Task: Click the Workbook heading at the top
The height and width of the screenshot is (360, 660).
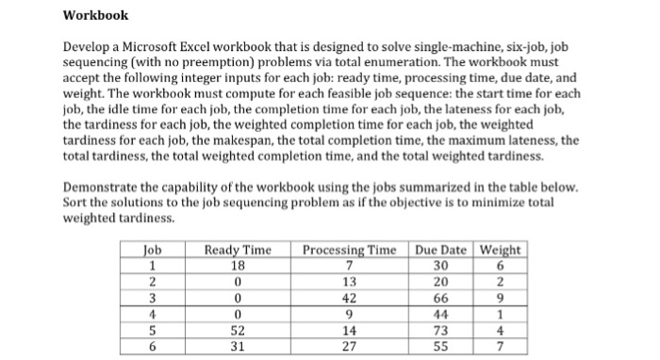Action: point(95,15)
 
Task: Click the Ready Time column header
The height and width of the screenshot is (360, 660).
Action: point(238,250)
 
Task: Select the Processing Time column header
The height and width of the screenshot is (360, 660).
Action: point(349,250)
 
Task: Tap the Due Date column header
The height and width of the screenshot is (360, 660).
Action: point(441,250)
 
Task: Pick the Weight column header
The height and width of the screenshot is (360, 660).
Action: point(501,250)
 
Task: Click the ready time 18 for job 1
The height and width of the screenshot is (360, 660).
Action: point(238,265)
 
